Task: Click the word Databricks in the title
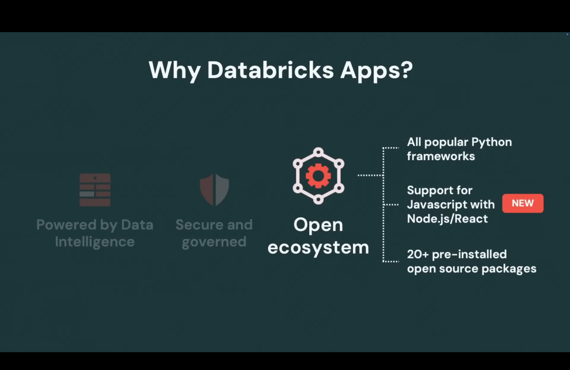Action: click(x=270, y=70)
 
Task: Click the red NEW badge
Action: click(x=522, y=203)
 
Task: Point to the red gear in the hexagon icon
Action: click(x=318, y=176)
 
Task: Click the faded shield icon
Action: click(x=214, y=190)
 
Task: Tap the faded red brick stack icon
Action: click(x=95, y=190)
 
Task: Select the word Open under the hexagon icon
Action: click(x=318, y=225)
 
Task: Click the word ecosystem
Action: click(x=318, y=247)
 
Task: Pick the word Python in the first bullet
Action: click(x=491, y=142)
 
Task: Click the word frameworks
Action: click(x=441, y=157)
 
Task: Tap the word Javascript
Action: click(x=436, y=205)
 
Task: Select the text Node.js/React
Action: click(x=447, y=219)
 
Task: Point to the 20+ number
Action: click(x=417, y=255)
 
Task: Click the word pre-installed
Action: click(x=470, y=255)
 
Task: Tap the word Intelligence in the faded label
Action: click(x=95, y=242)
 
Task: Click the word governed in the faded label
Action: click(x=214, y=242)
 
